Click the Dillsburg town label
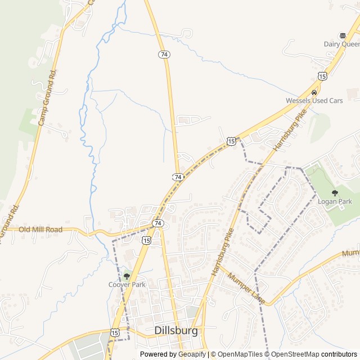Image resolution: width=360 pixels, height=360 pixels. (176, 331)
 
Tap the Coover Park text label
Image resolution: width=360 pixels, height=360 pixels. (127, 285)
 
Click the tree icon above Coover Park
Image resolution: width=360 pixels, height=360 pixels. (127, 276)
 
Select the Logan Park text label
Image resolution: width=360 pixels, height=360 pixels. (335, 201)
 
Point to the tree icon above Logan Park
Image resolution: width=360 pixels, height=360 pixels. (335, 193)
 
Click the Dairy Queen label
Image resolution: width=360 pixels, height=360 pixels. (342, 44)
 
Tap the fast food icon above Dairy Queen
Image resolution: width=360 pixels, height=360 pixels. (342, 35)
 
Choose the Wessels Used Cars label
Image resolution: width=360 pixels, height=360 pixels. (314, 101)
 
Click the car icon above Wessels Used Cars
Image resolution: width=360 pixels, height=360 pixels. (314, 92)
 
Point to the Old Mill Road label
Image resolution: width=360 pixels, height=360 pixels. (40, 229)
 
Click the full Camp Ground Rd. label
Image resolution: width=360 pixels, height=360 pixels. (48, 98)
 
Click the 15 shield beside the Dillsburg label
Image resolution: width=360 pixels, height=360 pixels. (115, 333)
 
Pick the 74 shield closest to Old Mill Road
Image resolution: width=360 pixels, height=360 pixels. (158, 223)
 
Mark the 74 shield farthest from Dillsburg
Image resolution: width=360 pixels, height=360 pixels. (164, 54)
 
